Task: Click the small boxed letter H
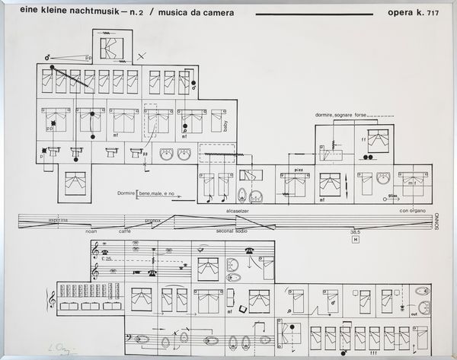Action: click(355, 239)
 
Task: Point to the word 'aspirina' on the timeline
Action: click(58, 220)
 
